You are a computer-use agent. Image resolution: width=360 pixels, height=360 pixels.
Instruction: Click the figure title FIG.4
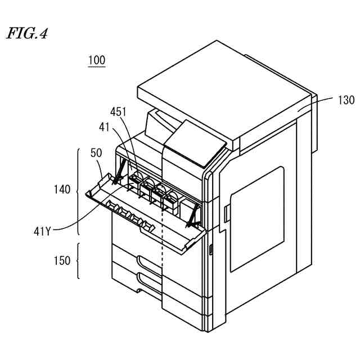[26, 34]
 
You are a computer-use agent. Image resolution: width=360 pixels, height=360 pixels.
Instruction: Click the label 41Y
[42, 230]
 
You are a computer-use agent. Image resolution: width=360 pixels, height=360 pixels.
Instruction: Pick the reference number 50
[96, 152]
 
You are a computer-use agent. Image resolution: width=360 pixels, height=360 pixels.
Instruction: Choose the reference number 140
[62, 190]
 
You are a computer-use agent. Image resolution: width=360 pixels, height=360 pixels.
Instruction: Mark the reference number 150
[62, 260]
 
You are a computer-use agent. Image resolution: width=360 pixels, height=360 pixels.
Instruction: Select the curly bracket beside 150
[78, 261]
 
